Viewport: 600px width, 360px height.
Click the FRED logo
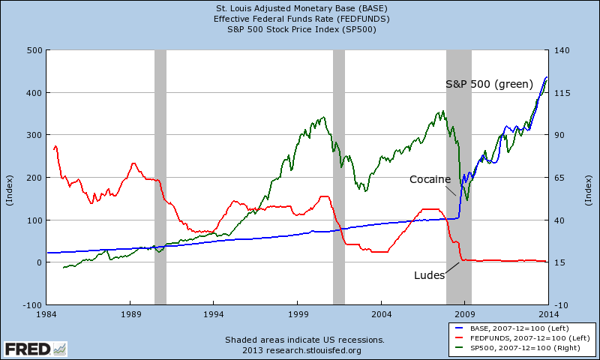(x=35, y=349)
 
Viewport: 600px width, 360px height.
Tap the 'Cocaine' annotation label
(x=430, y=179)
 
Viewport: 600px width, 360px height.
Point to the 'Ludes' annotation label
(x=429, y=275)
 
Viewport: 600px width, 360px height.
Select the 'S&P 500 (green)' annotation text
(x=490, y=84)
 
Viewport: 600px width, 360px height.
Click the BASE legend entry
(x=513, y=328)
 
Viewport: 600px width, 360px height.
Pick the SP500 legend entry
(x=517, y=348)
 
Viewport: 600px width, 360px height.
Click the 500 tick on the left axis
(x=34, y=50)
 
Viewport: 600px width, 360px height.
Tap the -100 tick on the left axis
(x=32, y=305)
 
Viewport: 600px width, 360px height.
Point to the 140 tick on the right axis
(x=562, y=50)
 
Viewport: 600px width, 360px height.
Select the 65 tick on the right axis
(x=559, y=178)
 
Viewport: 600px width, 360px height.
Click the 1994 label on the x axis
(x=214, y=314)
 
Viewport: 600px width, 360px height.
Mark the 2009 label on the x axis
(x=464, y=314)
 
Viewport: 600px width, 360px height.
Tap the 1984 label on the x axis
(x=46, y=314)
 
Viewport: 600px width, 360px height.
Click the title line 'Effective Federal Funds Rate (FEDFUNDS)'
(x=301, y=19)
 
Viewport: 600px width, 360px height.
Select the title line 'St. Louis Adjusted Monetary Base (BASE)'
(x=301, y=8)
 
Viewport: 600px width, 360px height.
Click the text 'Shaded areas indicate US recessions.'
(x=304, y=340)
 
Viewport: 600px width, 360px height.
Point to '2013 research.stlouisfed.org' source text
(x=301, y=350)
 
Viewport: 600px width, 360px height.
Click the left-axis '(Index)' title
(x=10, y=190)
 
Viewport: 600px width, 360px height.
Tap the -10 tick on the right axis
(x=561, y=305)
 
